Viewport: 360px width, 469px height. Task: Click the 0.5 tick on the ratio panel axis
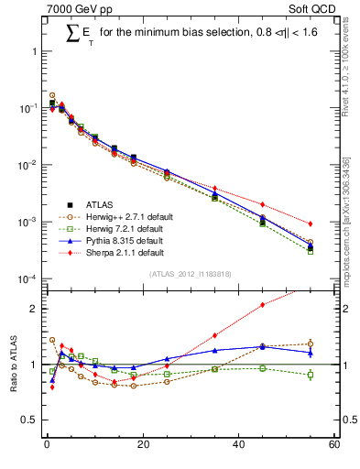33,420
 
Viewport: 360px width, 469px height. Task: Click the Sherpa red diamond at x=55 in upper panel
311,224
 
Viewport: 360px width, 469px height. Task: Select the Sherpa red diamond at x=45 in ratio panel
263,305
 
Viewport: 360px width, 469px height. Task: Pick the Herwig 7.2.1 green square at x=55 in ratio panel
311,375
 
